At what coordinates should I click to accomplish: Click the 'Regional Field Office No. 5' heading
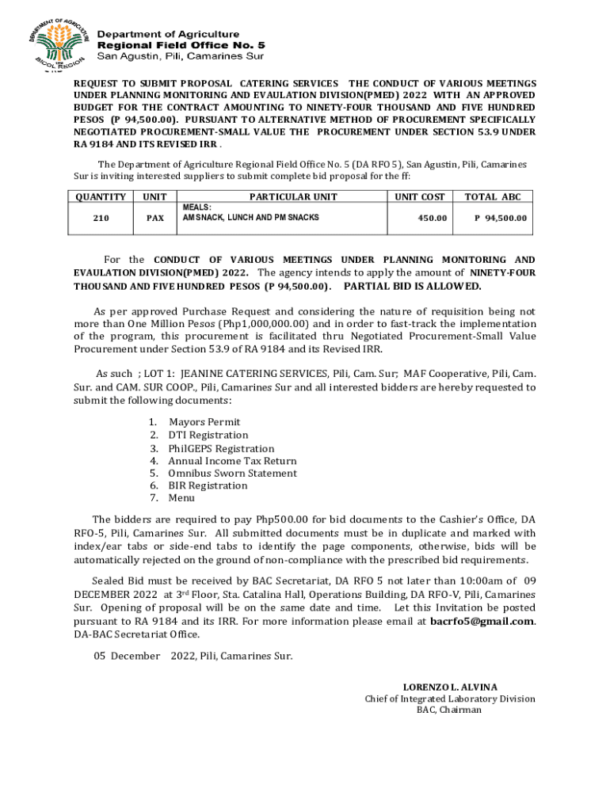click(x=181, y=45)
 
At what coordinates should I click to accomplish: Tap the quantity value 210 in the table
click(x=101, y=218)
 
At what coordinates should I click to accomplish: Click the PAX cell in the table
click(x=155, y=218)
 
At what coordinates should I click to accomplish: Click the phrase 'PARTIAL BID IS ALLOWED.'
click(x=413, y=286)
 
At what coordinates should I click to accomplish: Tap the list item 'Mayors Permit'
click(x=204, y=422)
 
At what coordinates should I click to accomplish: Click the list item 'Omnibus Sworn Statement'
click(x=232, y=474)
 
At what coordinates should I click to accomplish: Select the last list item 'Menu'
click(x=181, y=499)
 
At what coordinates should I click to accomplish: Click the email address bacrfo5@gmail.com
click(x=482, y=622)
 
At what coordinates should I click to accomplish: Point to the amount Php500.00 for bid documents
click(x=283, y=520)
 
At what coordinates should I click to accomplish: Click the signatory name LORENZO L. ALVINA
click(x=450, y=687)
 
